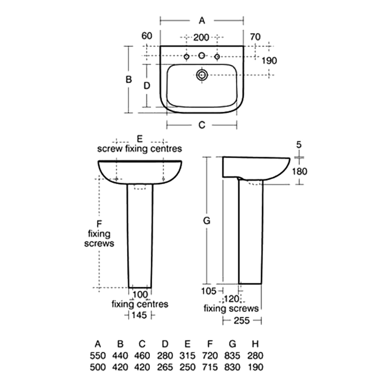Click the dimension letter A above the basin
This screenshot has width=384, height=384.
[x=202, y=21]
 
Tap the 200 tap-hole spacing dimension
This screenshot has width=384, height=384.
[x=201, y=37]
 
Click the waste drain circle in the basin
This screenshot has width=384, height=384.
[x=202, y=75]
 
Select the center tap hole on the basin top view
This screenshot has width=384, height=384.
[x=202, y=56]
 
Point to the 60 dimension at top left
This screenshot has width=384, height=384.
[x=147, y=36]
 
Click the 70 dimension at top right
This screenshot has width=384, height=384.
[x=255, y=37]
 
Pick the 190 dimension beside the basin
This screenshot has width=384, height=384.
[x=269, y=60]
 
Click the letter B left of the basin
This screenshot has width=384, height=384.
[x=129, y=80]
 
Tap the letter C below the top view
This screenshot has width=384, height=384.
[x=202, y=125]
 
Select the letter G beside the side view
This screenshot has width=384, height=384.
[x=207, y=221]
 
